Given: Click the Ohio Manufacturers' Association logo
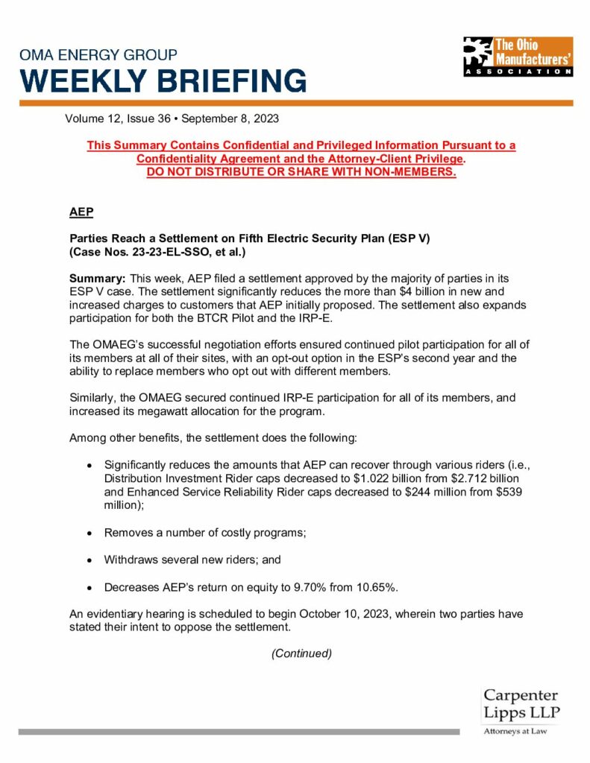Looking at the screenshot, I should point(518,57).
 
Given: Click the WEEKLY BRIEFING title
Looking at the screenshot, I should point(163,80).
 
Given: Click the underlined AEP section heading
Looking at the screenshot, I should point(81,212).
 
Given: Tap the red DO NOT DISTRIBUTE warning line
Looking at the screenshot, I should point(301,172).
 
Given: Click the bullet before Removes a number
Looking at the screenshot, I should point(90,534).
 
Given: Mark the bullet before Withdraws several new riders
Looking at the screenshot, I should point(90,560).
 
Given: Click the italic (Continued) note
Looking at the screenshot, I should point(301,653).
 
